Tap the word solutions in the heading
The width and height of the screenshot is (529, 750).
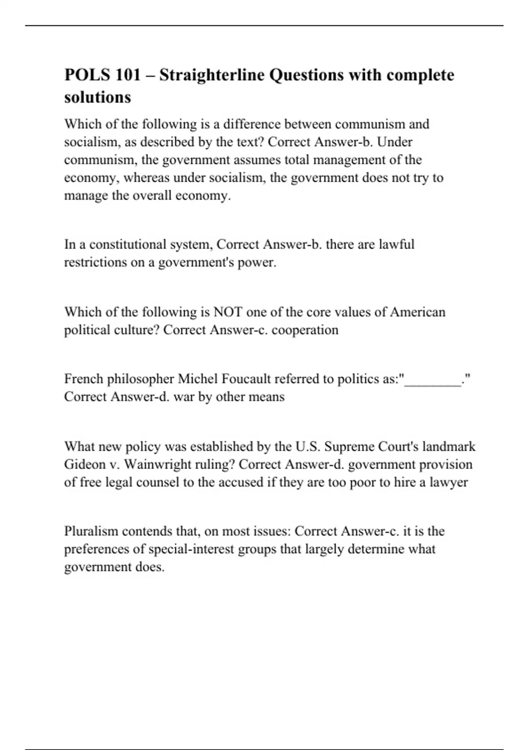(x=97, y=97)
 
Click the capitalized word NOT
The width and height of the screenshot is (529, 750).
(x=228, y=312)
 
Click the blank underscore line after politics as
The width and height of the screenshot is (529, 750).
(x=433, y=379)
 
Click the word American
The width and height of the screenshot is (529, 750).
(x=418, y=312)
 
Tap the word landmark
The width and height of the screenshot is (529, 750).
(x=449, y=446)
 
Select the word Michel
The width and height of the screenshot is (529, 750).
(x=197, y=379)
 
